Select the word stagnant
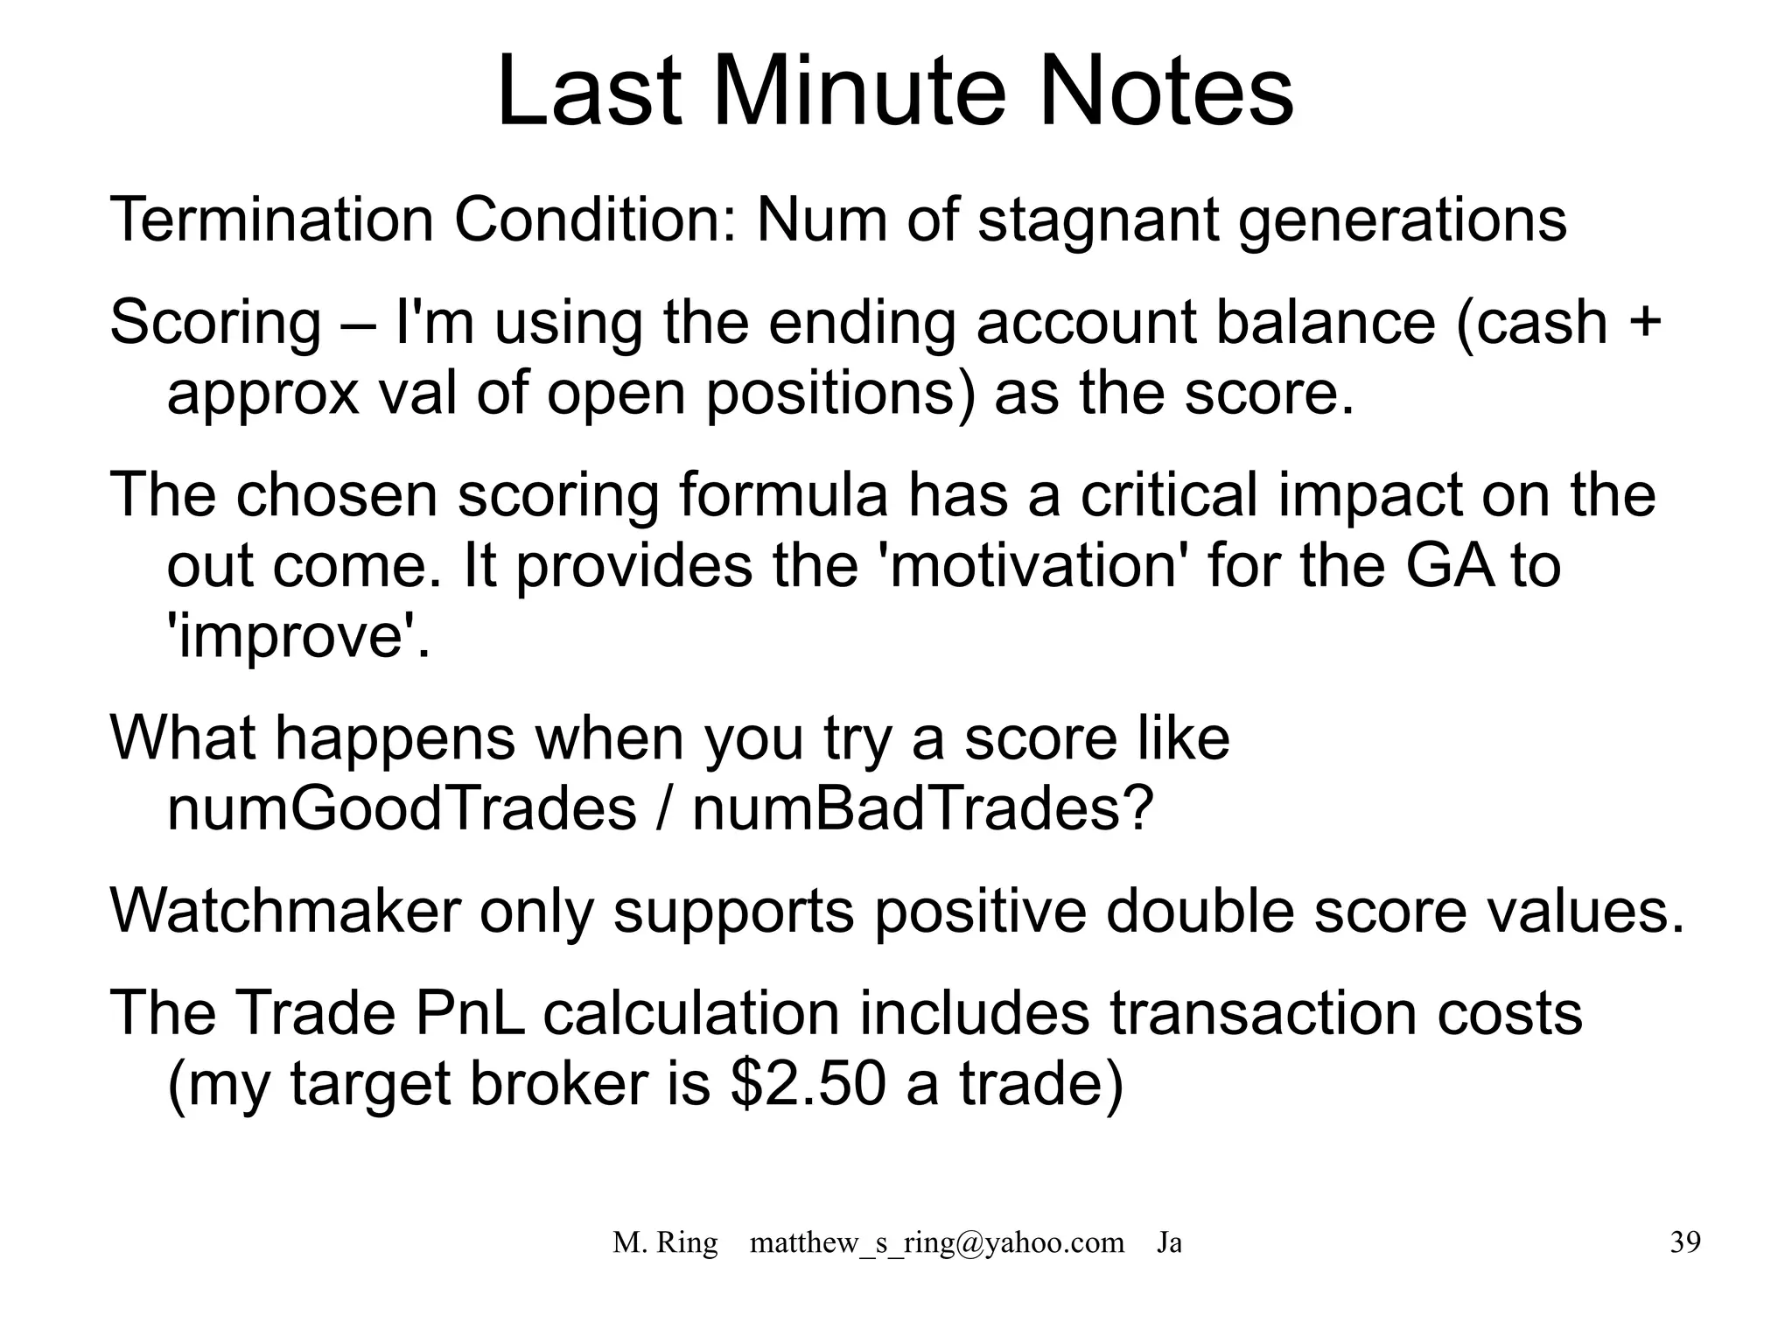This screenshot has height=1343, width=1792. (1097, 220)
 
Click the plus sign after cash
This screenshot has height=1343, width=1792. (1645, 323)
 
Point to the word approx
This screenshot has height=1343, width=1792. (262, 393)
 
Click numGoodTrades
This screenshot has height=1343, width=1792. (401, 808)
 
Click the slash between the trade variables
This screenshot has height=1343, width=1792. (664, 808)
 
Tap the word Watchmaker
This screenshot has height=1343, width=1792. (284, 911)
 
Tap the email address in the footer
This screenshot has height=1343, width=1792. (936, 1242)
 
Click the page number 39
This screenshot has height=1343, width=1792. (1684, 1242)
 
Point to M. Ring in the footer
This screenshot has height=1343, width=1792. (665, 1242)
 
